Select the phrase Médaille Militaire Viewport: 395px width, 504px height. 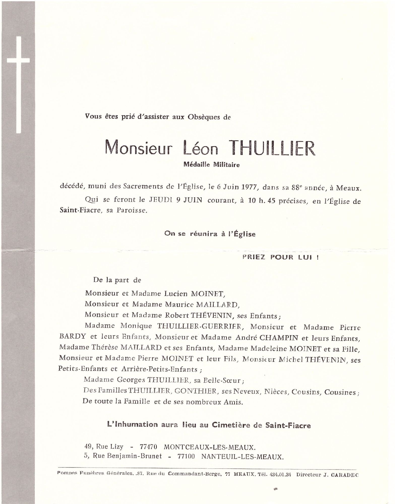(x=212, y=165)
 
